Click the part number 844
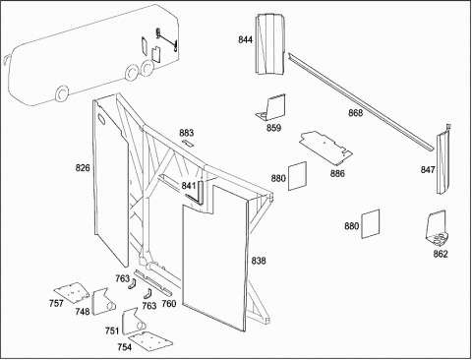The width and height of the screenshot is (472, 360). click(245, 39)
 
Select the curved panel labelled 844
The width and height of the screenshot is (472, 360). click(270, 44)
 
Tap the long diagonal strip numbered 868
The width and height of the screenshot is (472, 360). click(362, 102)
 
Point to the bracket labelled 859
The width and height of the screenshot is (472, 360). click(272, 107)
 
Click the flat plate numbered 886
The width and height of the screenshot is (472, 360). click(325, 148)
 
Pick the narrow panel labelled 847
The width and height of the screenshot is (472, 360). click(443, 159)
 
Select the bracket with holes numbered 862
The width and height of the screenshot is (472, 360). click(437, 228)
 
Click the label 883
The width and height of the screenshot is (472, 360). click(187, 133)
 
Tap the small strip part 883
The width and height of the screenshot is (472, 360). click(188, 143)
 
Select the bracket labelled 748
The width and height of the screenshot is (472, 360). click(100, 302)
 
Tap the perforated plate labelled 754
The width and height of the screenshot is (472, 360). click(150, 341)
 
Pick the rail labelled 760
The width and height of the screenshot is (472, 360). click(153, 282)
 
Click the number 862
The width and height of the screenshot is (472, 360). click(441, 254)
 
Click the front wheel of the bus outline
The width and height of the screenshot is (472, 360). click(62, 93)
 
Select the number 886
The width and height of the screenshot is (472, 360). click(337, 173)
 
